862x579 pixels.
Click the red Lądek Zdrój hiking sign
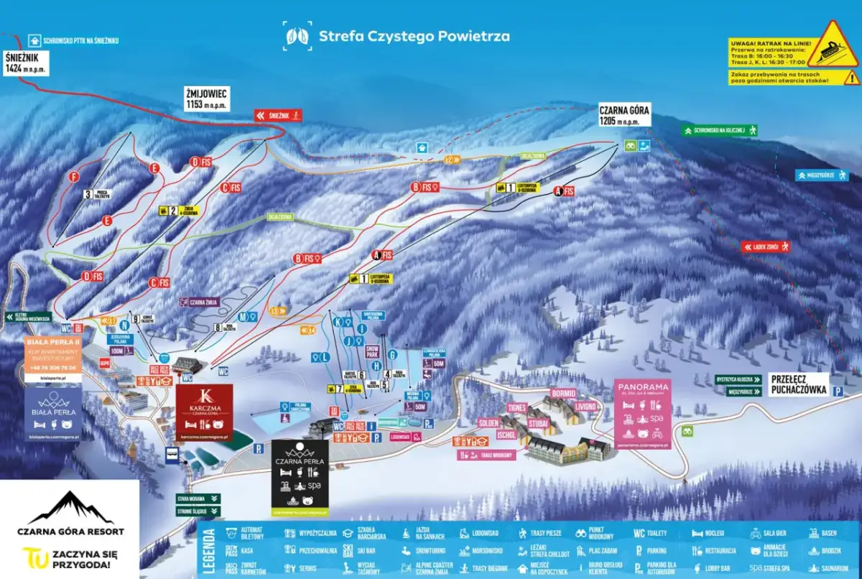766,247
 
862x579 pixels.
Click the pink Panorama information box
642,412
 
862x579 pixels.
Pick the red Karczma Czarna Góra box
205,412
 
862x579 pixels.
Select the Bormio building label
564,394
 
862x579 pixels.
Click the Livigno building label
585,407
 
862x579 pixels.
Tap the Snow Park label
371,351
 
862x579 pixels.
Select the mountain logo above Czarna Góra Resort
70,508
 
